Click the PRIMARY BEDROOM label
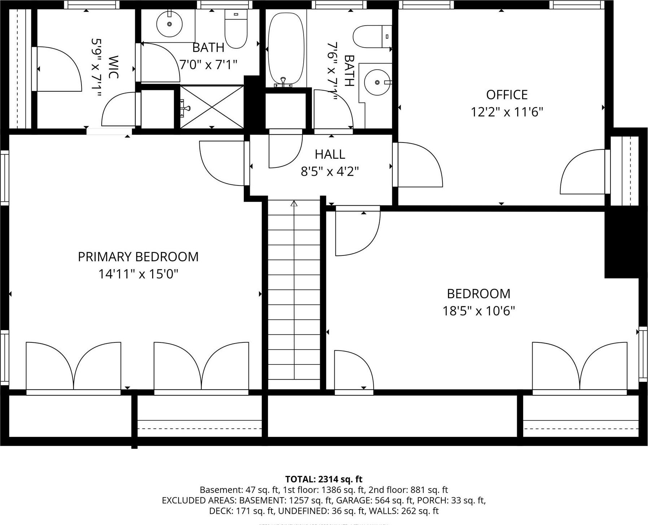[138, 257]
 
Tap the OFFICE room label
[507, 95]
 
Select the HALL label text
[330, 154]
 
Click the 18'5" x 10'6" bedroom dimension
[479, 311]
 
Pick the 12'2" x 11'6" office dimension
[507, 112]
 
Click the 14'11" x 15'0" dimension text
[138, 274]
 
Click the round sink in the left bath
[169, 24]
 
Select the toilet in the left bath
[236, 29]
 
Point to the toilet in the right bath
[371, 36]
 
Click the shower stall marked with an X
[212, 106]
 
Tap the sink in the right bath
[377, 82]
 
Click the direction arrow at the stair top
[294, 204]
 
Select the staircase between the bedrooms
[294, 296]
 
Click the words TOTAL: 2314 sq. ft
[323, 479]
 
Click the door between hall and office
[418, 165]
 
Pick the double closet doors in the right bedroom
[579, 366]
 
